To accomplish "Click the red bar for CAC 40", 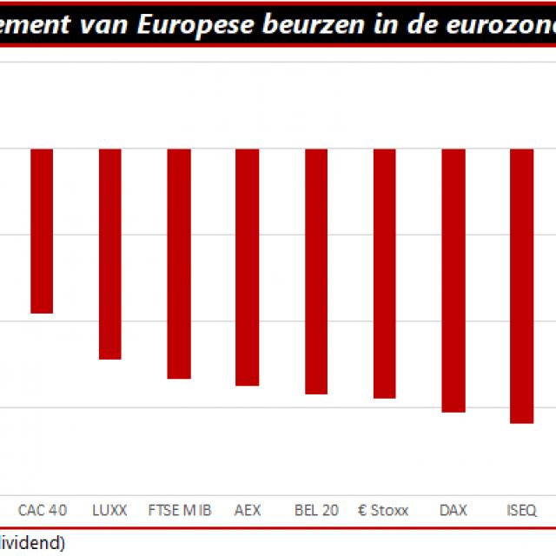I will click(x=42, y=230).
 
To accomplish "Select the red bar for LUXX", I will click(x=109, y=254).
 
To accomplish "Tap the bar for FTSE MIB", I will click(x=179, y=263).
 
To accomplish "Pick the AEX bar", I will click(x=248, y=267).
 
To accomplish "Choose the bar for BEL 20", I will click(x=316, y=271).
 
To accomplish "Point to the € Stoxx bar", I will click(x=385, y=274).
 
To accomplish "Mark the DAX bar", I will click(x=453, y=281).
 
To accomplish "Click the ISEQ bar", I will click(x=521, y=286).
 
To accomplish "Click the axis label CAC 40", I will click(x=42, y=510).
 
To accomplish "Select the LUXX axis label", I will click(x=109, y=510).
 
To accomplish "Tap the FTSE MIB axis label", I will click(x=180, y=510).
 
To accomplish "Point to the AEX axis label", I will click(x=248, y=510).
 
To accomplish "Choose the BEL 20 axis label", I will click(x=316, y=510).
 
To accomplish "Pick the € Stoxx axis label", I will click(x=383, y=510).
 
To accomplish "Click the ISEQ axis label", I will click(x=521, y=510).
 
